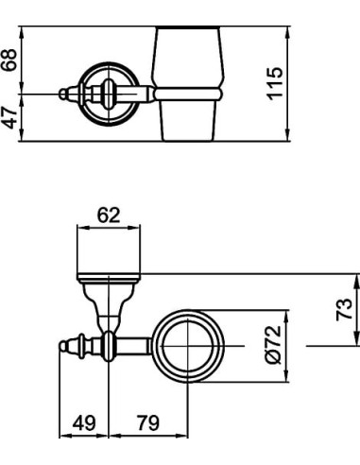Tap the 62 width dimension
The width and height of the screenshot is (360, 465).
tap(109, 215)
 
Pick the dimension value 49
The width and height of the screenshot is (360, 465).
tap(86, 423)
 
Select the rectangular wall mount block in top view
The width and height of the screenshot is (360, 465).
tap(109, 252)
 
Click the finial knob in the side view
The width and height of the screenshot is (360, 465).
tap(65, 93)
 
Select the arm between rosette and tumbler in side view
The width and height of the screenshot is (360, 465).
tap(142, 93)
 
